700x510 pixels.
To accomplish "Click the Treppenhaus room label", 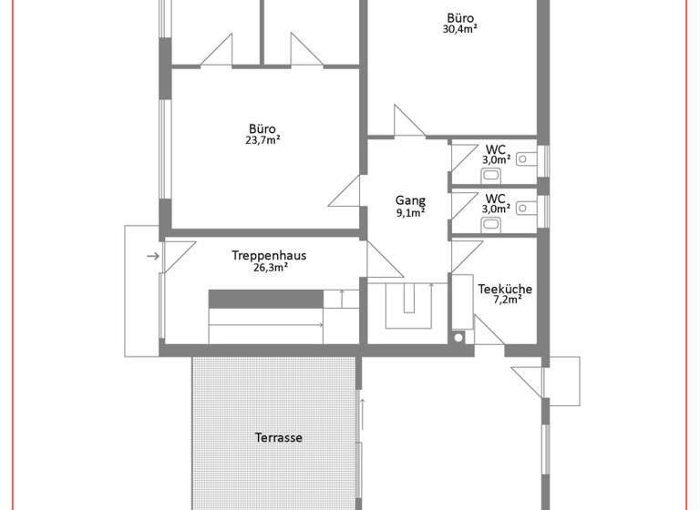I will point(268,256).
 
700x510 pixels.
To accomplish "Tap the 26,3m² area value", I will point(270,268).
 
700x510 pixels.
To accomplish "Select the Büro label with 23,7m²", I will point(262,128).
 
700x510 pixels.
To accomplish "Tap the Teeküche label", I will point(505,290).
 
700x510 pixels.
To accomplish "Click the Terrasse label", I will point(278,437).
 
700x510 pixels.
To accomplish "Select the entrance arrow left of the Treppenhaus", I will point(152,256).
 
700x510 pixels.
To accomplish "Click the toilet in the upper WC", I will point(526,158).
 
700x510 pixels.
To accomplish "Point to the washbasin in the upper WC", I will point(492,174).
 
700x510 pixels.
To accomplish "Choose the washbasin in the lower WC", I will point(492,223).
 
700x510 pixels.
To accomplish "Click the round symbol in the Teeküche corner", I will point(458,337).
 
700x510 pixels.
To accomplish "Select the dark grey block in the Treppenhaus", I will point(266,299).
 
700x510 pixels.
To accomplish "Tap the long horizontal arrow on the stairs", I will point(266,324).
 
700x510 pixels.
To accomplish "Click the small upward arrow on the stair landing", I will point(341,298).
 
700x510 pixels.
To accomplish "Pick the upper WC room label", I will point(495,148).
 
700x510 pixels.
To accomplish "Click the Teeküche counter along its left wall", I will point(460,301).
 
